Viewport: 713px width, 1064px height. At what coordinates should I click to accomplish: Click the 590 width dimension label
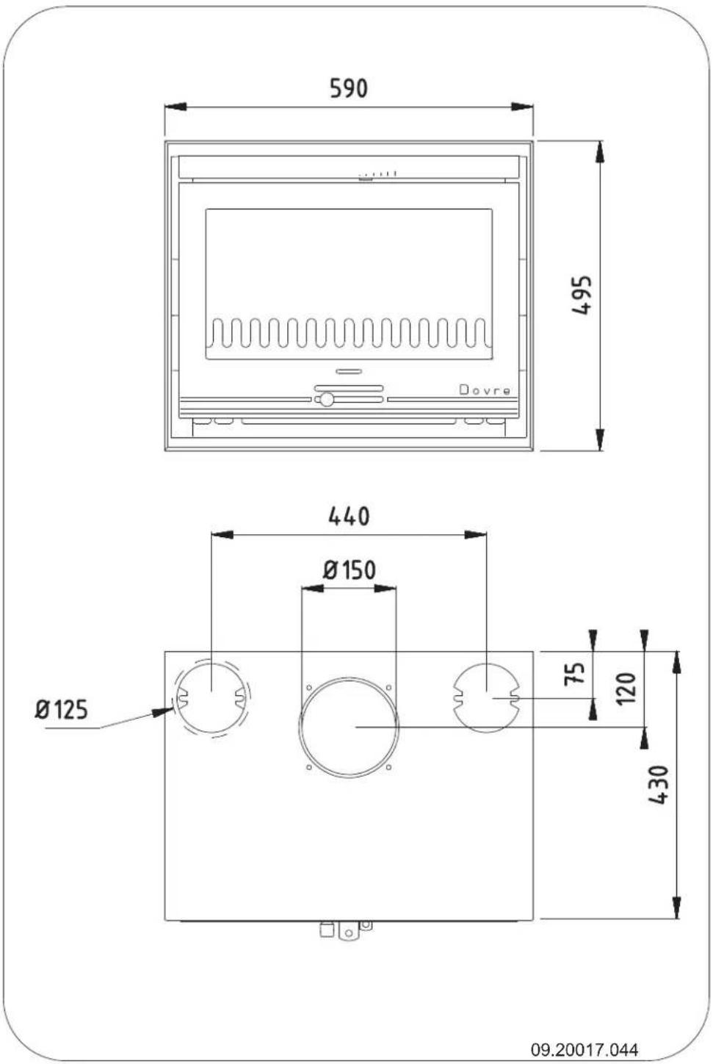click(348, 88)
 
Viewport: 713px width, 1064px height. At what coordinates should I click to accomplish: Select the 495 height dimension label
click(582, 295)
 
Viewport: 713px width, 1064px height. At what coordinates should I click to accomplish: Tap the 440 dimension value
click(348, 516)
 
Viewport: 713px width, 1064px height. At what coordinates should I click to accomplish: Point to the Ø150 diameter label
click(349, 569)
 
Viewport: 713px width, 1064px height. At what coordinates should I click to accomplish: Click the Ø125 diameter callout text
click(62, 710)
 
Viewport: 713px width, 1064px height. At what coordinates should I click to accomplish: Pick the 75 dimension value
click(577, 673)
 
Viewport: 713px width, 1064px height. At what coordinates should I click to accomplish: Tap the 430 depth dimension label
click(659, 785)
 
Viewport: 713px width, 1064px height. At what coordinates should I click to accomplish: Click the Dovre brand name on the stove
click(485, 389)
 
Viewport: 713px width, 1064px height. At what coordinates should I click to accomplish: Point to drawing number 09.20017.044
click(584, 1049)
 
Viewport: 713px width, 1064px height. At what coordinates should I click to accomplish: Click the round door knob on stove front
click(325, 400)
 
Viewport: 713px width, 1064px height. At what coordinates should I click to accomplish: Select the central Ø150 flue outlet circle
click(349, 727)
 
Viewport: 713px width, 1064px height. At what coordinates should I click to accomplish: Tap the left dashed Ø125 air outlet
click(211, 697)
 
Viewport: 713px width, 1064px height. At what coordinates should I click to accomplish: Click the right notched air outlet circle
click(486, 697)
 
